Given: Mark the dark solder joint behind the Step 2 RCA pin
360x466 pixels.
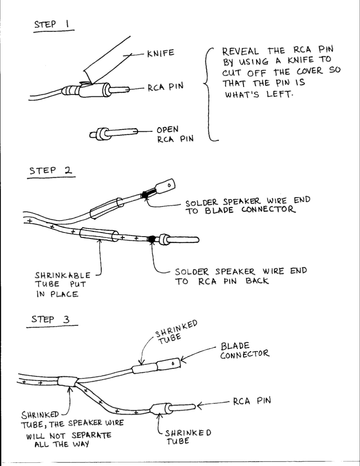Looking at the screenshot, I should point(151,239).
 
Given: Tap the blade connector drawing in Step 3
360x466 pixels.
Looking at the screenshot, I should point(169,365).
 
